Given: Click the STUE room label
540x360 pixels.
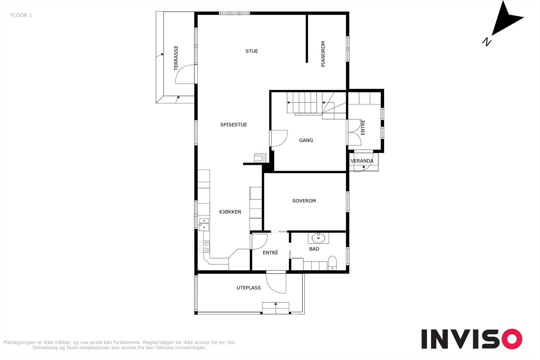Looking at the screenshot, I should (251, 51).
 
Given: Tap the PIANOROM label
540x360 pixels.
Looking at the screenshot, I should (323, 54).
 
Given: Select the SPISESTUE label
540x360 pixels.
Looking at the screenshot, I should (234, 125).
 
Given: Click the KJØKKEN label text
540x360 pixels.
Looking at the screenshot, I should (230, 212).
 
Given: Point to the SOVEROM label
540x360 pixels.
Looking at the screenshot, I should (304, 201).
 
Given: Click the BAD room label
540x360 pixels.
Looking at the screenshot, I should (314, 249).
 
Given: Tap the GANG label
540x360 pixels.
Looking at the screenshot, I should (306, 140).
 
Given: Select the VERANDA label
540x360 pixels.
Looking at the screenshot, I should (362, 161).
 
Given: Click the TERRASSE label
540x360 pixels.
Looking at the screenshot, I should (176, 58).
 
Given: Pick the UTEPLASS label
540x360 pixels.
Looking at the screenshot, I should (249, 288).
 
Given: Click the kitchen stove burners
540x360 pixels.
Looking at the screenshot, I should (204, 247).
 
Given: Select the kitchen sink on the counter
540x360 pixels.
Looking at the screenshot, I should (204, 223).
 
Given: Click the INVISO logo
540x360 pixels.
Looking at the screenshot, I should (471, 339).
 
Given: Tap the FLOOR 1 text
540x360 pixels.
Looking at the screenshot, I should (21, 15).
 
